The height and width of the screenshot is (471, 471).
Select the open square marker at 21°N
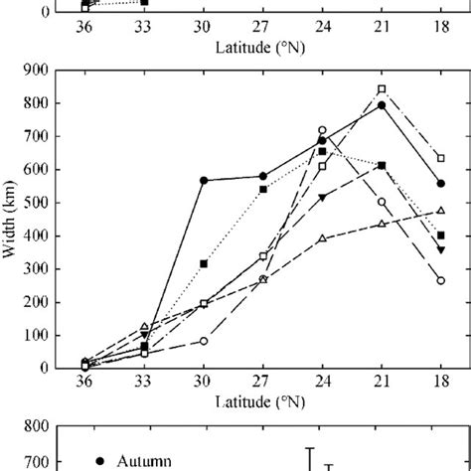[382, 89]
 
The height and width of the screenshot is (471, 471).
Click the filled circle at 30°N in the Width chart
[203, 180]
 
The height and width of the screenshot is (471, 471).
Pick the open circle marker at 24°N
[322, 130]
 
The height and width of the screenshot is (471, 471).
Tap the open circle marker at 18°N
[440, 280]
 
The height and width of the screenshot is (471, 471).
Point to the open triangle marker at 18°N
[440, 211]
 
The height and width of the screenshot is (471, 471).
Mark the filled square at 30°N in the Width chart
[203, 263]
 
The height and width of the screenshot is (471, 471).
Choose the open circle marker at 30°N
[203, 341]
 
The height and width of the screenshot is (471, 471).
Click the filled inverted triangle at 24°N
[322, 198]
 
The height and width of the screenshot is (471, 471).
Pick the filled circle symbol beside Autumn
[101, 460]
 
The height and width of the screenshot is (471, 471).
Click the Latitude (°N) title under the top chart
[262, 47]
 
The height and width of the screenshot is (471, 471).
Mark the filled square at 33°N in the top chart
[144, 2]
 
